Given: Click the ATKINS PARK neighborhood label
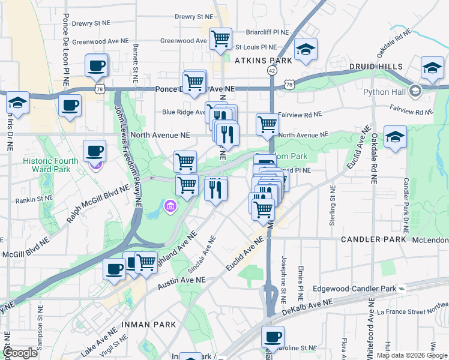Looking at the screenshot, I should pyautogui.click(x=264, y=61).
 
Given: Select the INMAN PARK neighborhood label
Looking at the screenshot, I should pyautogui.click(x=149, y=325).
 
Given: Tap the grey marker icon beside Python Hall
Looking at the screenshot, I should pyautogui.click(x=415, y=92).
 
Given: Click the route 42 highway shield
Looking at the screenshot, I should pyautogui.click(x=273, y=71).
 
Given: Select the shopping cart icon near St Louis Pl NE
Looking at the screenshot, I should pyautogui.click(x=220, y=39).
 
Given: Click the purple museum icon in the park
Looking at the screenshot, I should pyautogui.click(x=171, y=207).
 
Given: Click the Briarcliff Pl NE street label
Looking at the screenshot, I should pyautogui.click(x=268, y=32).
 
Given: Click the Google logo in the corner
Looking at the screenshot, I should pyautogui.click(x=20, y=353).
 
